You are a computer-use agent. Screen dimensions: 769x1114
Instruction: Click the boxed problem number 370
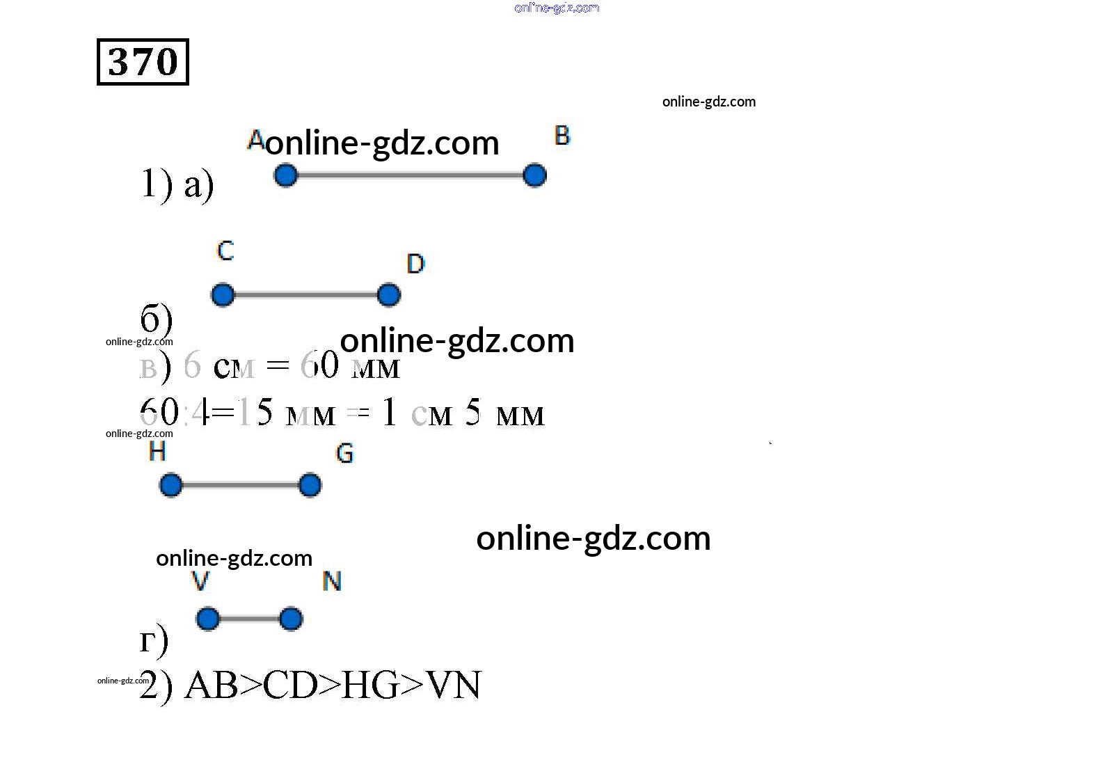tap(143, 62)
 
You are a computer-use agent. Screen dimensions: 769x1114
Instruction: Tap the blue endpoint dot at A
tap(285, 175)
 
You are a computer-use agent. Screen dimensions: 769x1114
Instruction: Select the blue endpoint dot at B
tap(534, 175)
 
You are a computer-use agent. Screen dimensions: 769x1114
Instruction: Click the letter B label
tap(562, 136)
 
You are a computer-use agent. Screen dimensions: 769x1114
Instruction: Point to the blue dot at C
tap(223, 295)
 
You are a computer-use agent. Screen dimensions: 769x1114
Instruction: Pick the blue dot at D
tap(389, 295)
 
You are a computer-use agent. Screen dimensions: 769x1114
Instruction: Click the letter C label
tap(225, 251)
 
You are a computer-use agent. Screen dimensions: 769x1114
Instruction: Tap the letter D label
tap(415, 264)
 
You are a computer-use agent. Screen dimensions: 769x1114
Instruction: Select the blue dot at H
tap(170, 485)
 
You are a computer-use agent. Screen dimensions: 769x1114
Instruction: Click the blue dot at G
tap(310, 485)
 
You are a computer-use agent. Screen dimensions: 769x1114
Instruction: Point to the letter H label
tap(157, 452)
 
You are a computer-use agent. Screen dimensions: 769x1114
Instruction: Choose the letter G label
tap(344, 454)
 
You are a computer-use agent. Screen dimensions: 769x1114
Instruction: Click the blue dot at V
tap(207, 619)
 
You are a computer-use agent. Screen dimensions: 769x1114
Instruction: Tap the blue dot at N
tap(291, 619)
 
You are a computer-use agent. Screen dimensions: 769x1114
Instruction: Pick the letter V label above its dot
tap(200, 581)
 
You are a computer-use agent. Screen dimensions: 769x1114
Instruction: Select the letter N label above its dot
tap(332, 581)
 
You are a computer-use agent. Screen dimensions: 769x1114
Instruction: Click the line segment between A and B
tap(410, 175)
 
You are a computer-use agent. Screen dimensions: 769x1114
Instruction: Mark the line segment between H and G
tap(240, 485)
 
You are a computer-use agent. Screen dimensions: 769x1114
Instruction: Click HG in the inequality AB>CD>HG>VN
tap(371, 685)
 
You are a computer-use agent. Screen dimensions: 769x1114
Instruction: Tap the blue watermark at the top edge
tap(557, 8)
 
